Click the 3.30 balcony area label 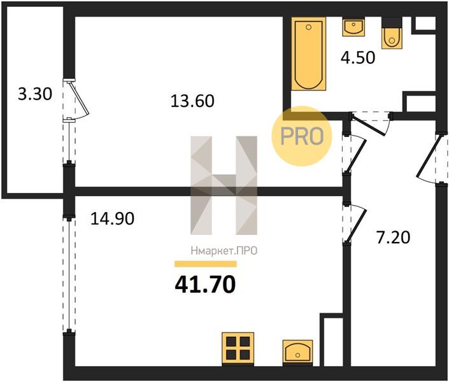point(35,94)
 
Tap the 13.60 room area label point(192,101)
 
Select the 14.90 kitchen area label point(112,219)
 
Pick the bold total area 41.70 point(205,285)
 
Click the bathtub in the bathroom point(309,53)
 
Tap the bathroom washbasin point(353,27)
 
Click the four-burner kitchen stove point(238,348)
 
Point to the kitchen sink point(297,353)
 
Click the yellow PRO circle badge point(302,136)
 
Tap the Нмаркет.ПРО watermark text point(224,251)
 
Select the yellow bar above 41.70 point(206,264)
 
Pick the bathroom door point(371,123)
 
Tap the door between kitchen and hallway point(355,223)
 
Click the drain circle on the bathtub point(308,27)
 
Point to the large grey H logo point(224,185)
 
